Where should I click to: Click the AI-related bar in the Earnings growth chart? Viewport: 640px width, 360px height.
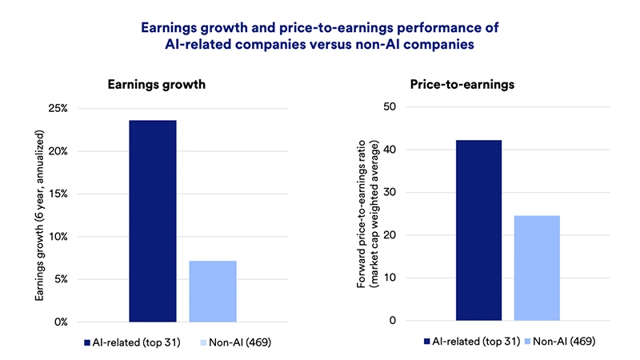click(152, 221)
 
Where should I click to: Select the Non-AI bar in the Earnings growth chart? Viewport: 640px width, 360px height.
click(213, 291)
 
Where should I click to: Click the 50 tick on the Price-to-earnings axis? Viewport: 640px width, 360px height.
click(390, 107)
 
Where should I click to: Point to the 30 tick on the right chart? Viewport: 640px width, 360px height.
click(390, 193)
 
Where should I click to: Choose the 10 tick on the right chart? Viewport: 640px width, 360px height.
click(390, 278)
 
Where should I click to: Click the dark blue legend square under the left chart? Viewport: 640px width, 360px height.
click(87, 342)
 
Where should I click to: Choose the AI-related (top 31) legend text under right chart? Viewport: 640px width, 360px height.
click(468, 342)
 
